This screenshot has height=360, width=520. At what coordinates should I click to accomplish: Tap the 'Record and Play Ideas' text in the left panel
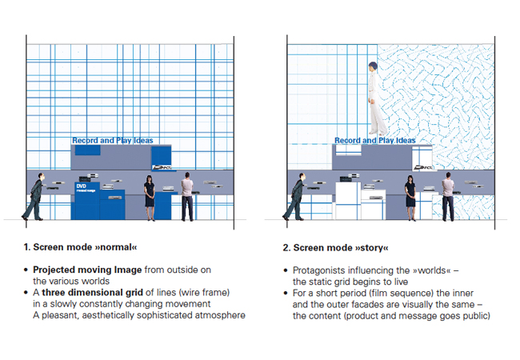click(x=112, y=141)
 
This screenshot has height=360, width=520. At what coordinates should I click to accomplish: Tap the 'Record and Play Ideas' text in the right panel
click(x=374, y=141)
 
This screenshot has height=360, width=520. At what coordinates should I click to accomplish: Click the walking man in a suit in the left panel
click(x=35, y=198)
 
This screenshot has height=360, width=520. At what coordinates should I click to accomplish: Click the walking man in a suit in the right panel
click(x=296, y=198)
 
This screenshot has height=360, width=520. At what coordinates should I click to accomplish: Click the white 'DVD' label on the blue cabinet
click(x=80, y=185)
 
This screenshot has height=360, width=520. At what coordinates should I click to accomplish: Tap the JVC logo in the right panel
click(x=424, y=167)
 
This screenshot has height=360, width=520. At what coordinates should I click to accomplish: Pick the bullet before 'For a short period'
click(x=286, y=293)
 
